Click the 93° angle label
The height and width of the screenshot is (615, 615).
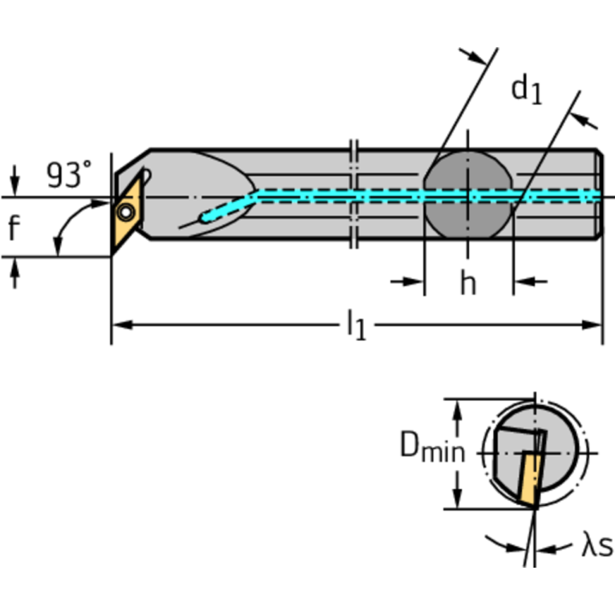coord(68,174)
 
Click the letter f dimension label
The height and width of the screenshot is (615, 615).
coord(14,229)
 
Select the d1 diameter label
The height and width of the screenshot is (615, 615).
coord(527,89)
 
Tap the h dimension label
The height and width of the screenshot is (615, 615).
coord(467,282)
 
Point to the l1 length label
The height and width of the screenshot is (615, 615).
coord(355,326)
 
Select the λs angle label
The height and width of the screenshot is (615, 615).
coord(597,547)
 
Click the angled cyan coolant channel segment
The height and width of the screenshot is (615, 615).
coord(230,206)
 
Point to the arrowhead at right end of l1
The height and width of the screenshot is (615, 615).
coord(593,325)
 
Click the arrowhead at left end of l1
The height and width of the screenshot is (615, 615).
coord(121,325)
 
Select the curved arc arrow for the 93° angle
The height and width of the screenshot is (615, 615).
coord(63,229)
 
